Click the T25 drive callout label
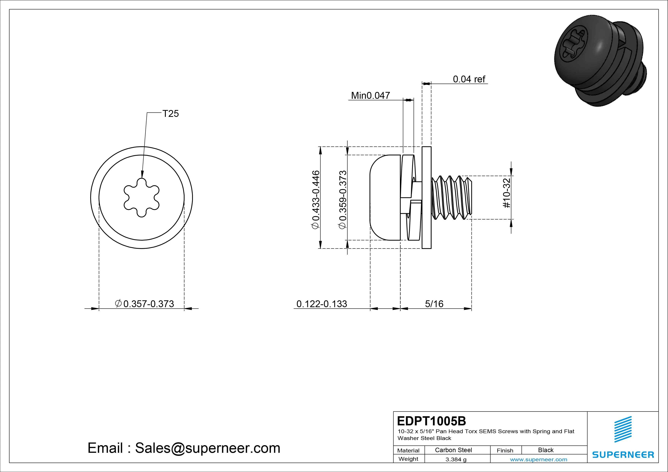coord(170,113)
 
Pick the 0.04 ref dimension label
coord(469,79)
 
